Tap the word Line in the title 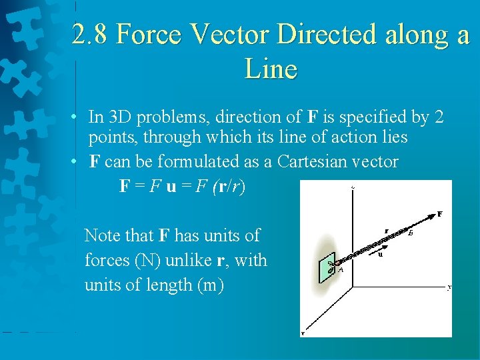pyautogui.click(x=270, y=68)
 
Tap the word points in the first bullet pyautogui.click(x=111, y=138)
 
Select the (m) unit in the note pyautogui.click(x=211, y=285)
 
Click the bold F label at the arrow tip pyautogui.click(x=440, y=214)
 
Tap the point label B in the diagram pyautogui.click(x=410, y=233)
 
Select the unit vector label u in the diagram pyautogui.click(x=380, y=254)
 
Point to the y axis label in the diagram pyautogui.click(x=449, y=287)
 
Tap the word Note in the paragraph pyautogui.click(x=103, y=235)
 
